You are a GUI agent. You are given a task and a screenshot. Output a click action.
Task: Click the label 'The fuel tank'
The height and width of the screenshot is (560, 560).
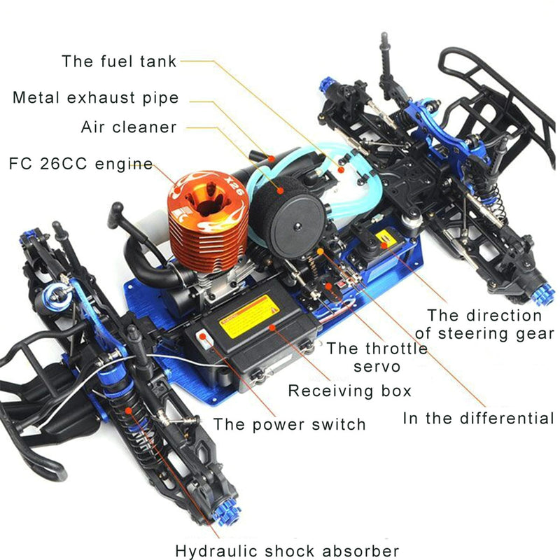pos(119,60)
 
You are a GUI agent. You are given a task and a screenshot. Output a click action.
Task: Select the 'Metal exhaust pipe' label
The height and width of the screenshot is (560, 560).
pos(95,97)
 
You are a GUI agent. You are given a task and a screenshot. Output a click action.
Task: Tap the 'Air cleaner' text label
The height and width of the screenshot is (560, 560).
pos(129,127)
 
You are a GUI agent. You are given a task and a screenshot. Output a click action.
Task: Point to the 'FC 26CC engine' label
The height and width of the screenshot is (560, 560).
pos(80,164)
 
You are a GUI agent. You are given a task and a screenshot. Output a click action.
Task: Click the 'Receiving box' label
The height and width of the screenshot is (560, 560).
pos(349,390)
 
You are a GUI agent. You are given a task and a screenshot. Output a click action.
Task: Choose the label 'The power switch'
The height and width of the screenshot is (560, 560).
pos(289,423)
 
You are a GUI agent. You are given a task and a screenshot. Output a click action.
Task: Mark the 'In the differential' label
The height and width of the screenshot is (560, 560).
pos(478,419)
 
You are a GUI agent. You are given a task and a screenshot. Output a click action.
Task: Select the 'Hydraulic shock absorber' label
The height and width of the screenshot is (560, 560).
pos(287,551)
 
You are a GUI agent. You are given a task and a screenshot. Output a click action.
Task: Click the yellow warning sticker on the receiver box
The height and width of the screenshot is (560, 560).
pos(249,317)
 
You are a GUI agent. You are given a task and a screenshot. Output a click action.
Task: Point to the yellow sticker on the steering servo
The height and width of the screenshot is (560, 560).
pos(384,239)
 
